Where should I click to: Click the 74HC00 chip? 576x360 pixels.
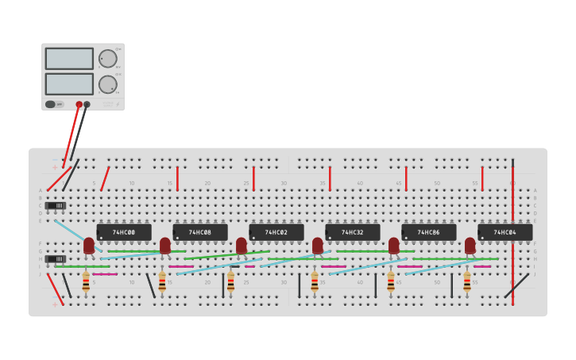click(124, 232)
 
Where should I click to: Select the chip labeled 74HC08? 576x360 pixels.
click(200, 232)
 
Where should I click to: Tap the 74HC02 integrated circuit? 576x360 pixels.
click(276, 232)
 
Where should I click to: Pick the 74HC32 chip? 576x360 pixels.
click(353, 232)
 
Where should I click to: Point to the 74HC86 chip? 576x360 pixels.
click(429, 232)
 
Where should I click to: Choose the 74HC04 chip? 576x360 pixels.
click(505, 232)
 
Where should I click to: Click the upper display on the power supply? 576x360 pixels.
click(69, 58)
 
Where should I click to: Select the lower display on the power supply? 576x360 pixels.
click(69, 83)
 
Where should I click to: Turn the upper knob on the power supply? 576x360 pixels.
click(107, 58)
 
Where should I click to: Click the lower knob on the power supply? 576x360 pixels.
click(107, 84)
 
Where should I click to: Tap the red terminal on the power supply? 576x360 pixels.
click(79, 104)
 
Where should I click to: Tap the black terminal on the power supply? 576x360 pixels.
click(87, 104)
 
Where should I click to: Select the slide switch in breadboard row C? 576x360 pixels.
click(56, 206)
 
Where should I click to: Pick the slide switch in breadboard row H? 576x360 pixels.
click(56, 259)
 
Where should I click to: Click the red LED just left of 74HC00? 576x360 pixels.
click(89, 246)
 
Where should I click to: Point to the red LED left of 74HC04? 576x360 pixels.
click(470, 246)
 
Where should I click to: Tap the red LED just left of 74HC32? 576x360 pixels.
click(318, 246)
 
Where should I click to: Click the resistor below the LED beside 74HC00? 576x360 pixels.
click(86, 281)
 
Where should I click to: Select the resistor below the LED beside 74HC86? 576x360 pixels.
click(391, 281)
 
